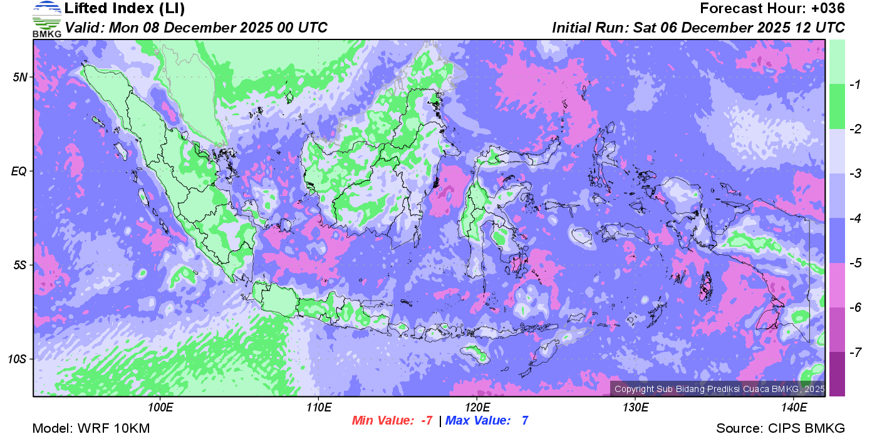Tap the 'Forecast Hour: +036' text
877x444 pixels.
pyautogui.click(x=772, y=9)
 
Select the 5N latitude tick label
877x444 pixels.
pyautogui.click(x=21, y=77)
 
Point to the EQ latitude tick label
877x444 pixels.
pyautogui.click(x=20, y=171)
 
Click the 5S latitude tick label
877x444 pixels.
pyautogui.click(x=21, y=265)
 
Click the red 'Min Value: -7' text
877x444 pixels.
pyautogui.click(x=393, y=421)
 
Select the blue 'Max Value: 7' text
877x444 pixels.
pyautogui.click(x=487, y=421)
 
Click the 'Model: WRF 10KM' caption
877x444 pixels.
pyautogui.click(x=91, y=429)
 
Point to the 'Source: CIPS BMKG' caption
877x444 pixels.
pyautogui.click(x=781, y=429)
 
